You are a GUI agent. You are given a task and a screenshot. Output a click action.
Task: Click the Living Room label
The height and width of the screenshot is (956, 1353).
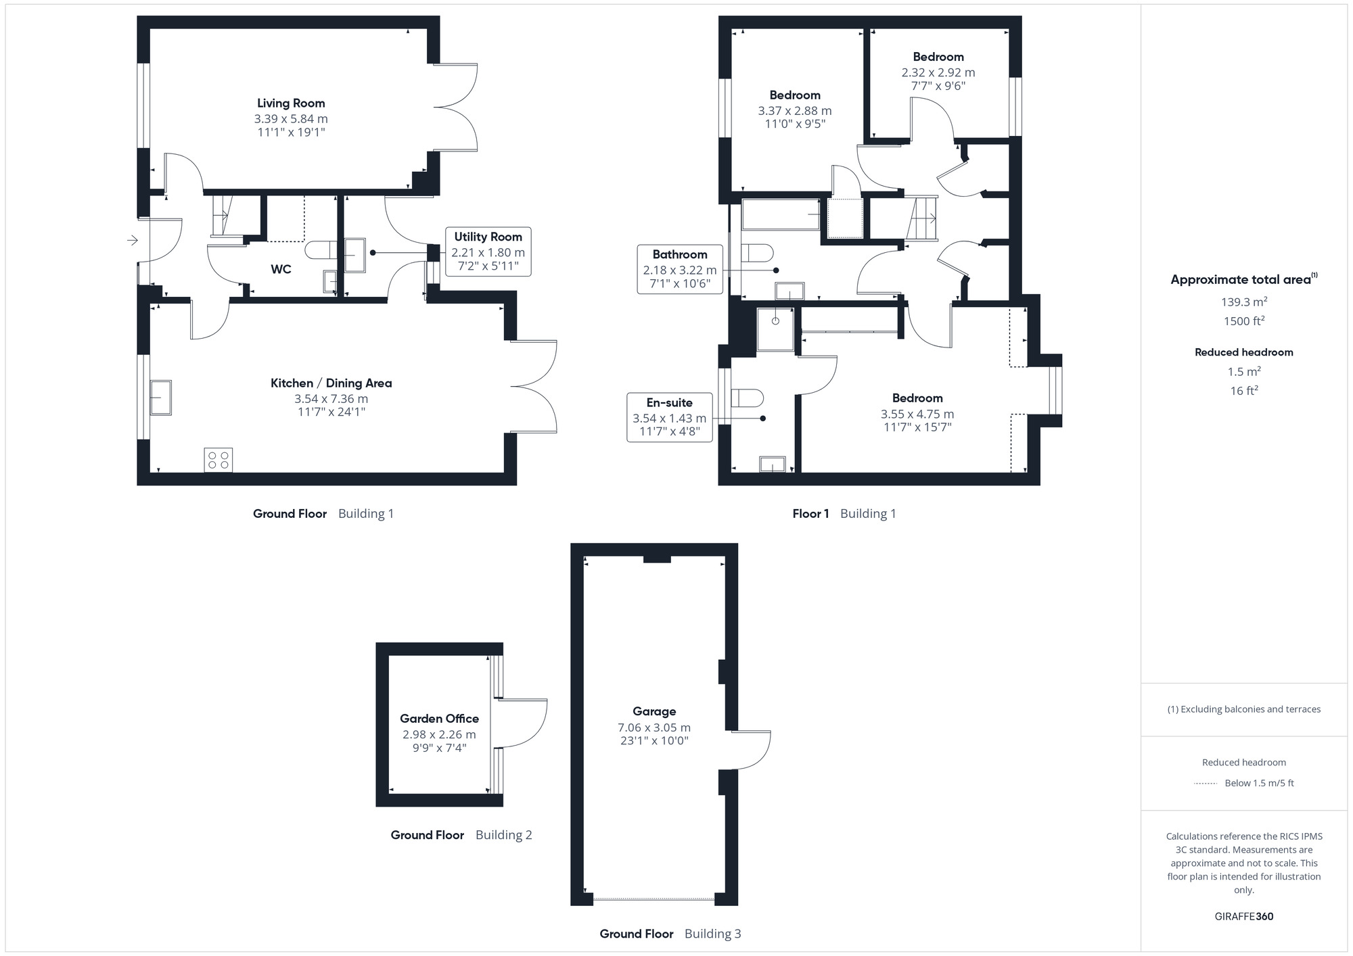291,103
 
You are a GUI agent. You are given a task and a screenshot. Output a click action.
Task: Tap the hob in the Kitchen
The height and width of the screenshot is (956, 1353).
219,460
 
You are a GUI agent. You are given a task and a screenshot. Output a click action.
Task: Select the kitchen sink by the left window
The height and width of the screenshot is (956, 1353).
161,397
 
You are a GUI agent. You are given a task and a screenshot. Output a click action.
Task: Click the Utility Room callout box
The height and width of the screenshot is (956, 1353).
488,252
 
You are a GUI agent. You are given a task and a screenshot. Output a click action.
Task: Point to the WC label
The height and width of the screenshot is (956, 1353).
281,269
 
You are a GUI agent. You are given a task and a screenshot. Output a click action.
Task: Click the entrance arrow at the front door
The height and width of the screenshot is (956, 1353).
132,240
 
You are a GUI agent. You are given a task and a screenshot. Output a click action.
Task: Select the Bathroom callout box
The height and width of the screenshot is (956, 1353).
679,269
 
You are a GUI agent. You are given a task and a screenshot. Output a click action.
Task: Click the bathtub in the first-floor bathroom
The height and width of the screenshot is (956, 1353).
781,214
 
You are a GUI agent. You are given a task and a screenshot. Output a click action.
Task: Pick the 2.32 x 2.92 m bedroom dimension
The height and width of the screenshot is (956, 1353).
938,72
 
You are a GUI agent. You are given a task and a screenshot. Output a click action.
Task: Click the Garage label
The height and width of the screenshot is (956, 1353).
654,711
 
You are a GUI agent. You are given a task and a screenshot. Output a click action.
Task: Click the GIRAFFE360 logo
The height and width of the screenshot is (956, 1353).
1243,917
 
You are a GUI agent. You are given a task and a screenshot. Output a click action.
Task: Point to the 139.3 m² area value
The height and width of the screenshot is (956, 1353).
1243,302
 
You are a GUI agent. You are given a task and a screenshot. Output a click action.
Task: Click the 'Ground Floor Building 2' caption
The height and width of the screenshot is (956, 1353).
461,835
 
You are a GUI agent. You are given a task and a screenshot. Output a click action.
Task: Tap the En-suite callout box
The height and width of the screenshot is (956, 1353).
669,417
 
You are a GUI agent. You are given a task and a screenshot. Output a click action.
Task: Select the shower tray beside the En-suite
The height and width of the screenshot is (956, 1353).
775,329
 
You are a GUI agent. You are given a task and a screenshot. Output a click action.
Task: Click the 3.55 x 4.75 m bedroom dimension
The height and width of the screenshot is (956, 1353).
917,414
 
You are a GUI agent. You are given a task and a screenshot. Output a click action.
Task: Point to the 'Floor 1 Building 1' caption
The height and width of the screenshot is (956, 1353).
844,514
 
